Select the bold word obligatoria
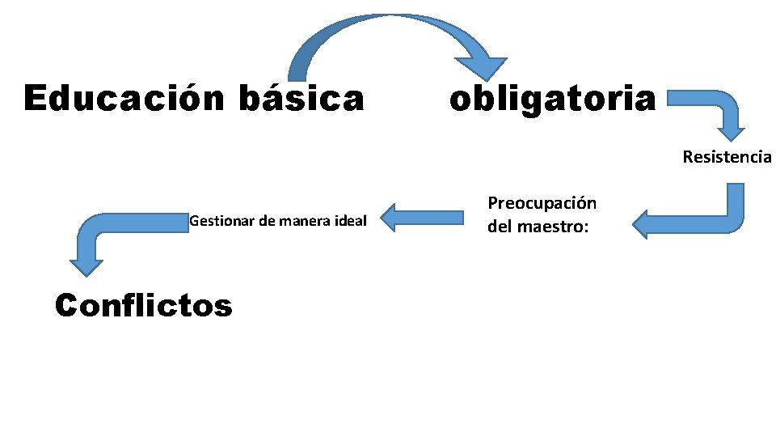click(553, 100)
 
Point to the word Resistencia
click(727, 157)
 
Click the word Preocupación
click(542, 204)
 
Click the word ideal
click(352, 220)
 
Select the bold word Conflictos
click(143, 305)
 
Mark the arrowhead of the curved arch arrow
click(481, 68)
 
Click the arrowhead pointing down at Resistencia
click(732, 129)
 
